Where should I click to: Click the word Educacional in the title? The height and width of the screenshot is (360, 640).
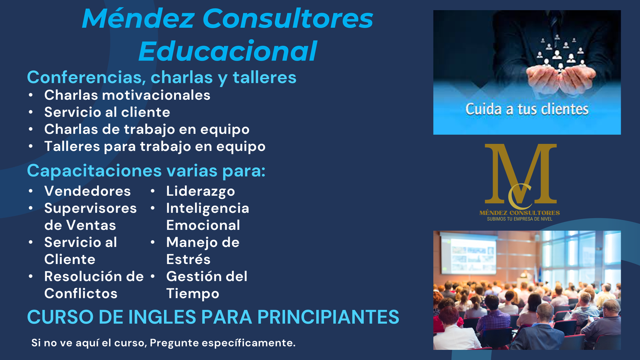228,51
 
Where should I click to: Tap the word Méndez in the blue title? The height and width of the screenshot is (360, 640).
138,18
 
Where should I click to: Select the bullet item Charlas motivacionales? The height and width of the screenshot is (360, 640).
127,95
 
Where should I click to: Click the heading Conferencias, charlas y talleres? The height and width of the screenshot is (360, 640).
162,77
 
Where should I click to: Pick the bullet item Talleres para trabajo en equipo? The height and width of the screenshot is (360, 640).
155,147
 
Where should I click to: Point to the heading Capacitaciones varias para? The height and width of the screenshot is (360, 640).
146,171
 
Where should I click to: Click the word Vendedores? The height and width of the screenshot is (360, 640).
88,191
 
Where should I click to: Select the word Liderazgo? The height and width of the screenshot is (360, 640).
200,191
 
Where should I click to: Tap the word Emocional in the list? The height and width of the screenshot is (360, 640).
203,225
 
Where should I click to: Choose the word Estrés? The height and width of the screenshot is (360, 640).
188,259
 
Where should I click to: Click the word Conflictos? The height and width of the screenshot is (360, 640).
81,293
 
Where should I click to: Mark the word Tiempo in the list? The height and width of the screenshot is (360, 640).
193,294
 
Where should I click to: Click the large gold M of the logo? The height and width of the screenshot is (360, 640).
521,173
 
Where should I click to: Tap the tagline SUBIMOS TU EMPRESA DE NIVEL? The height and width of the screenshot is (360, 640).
520,219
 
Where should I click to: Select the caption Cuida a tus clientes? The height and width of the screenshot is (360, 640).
527,109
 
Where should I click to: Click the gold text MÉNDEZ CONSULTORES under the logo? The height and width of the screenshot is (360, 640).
520,213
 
